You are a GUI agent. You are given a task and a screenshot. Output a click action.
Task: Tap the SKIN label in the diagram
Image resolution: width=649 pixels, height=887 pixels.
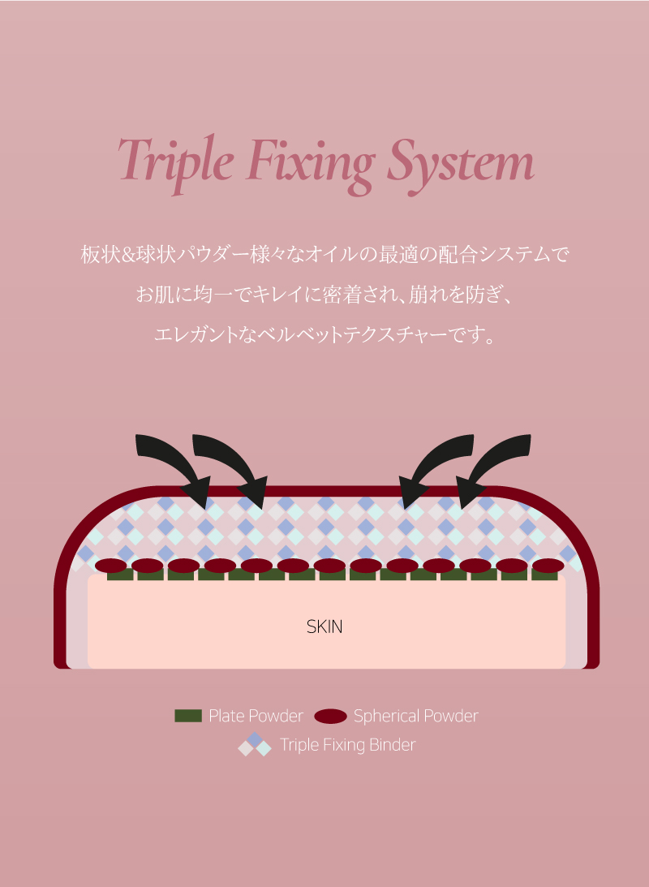pyautogui.click(x=324, y=626)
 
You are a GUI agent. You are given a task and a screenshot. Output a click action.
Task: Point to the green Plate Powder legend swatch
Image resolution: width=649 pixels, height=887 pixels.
pyautogui.click(x=188, y=716)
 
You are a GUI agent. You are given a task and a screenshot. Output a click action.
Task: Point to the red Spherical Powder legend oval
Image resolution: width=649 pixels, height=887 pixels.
pyautogui.click(x=330, y=716)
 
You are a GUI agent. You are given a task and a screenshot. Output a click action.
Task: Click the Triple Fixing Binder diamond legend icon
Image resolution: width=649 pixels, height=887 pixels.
pyautogui.click(x=255, y=744)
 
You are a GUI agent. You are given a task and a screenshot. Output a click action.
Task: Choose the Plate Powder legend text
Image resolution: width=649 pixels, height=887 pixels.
pyautogui.click(x=256, y=716)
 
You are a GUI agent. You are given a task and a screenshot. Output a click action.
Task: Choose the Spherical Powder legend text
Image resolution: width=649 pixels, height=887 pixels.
pyautogui.click(x=416, y=716)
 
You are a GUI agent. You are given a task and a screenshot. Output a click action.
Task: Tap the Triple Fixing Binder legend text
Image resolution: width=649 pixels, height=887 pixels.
pyautogui.click(x=347, y=745)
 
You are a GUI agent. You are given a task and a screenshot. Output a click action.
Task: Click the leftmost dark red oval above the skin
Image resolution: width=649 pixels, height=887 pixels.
pyautogui.click(x=111, y=566)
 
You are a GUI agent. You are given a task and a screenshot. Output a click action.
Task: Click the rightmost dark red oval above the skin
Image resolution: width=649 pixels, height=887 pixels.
pyautogui.click(x=548, y=566)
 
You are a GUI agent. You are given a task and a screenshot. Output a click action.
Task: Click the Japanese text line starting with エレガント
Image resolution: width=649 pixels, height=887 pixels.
pyautogui.click(x=324, y=334)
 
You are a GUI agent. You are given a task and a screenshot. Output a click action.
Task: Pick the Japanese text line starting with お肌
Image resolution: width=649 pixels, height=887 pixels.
pyautogui.click(x=324, y=294)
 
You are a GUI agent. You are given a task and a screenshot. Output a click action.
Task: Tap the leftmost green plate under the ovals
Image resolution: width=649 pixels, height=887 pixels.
pyautogui.click(x=120, y=575)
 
